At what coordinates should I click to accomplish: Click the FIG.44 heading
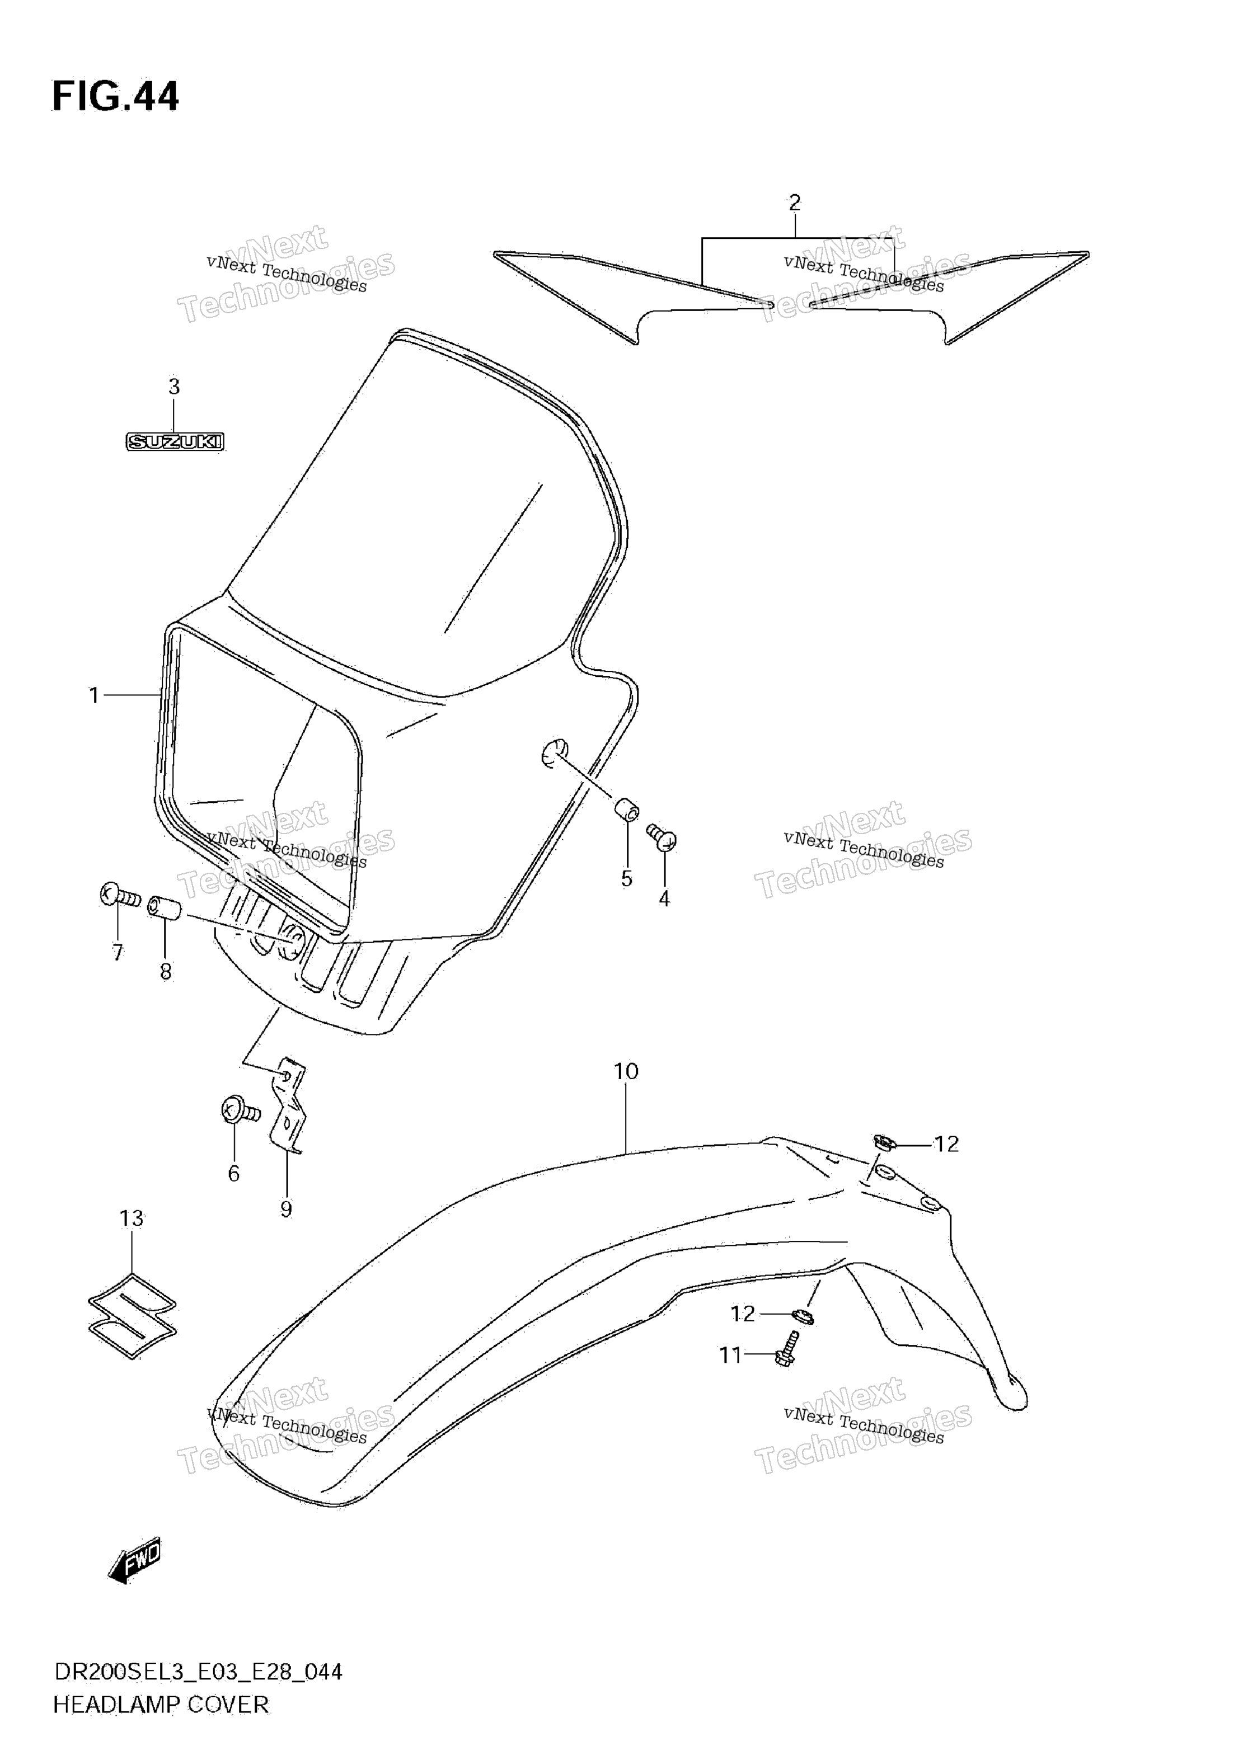point(115,97)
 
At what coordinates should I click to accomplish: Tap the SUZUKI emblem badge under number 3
point(175,441)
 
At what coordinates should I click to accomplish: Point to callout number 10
point(626,1072)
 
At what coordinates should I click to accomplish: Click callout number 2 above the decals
point(794,203)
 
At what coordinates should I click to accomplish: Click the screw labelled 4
point(661,837)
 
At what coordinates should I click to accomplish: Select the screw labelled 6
point(240,1110)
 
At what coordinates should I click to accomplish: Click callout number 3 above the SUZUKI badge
point(174,387)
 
